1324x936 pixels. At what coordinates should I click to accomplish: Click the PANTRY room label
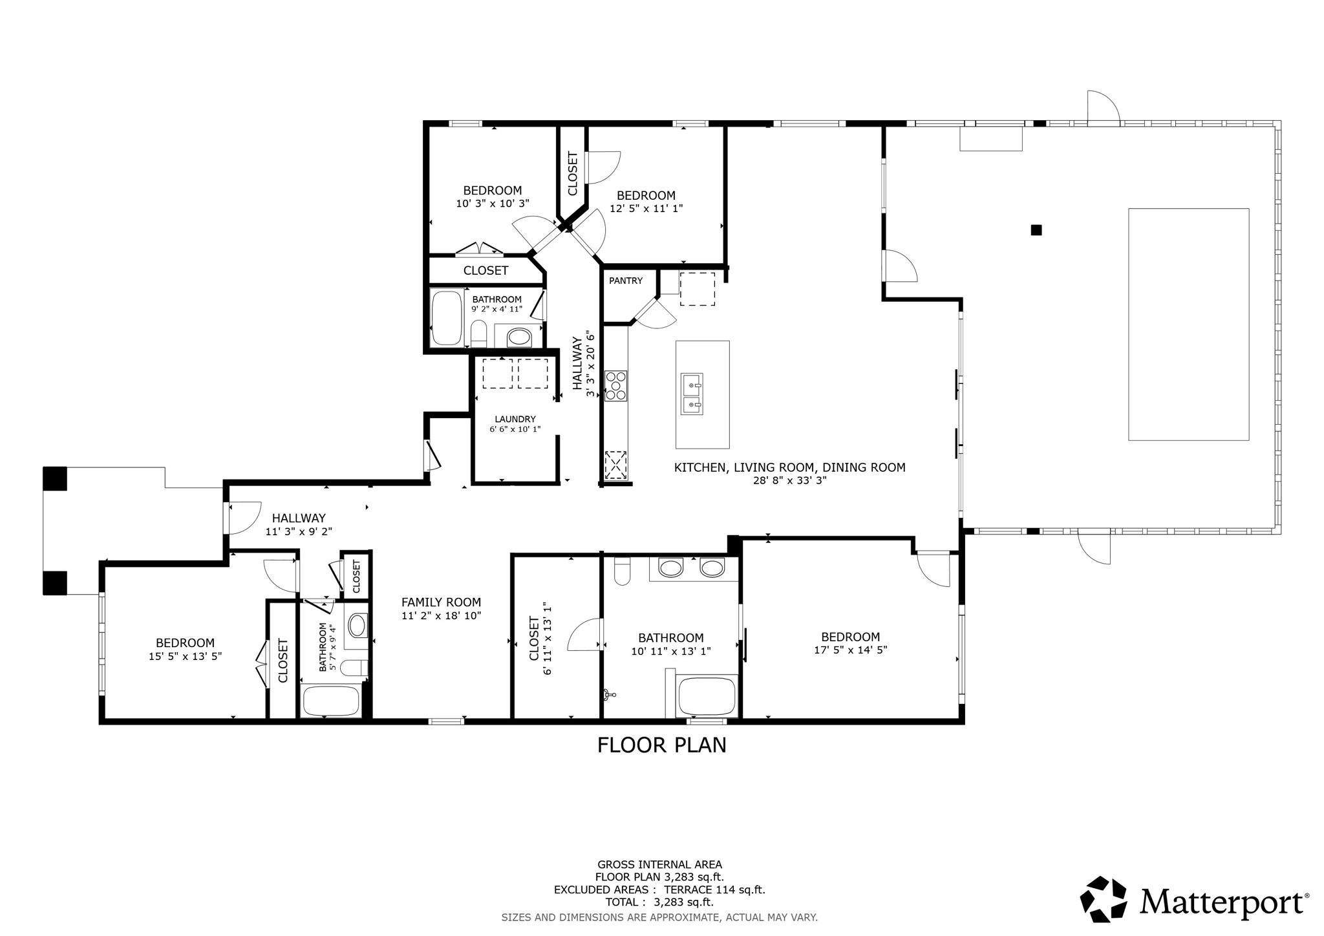625,281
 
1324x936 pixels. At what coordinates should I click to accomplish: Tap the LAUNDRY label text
515,419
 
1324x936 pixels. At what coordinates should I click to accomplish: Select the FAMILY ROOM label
441,602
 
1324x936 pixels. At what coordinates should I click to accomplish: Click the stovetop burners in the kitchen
615,385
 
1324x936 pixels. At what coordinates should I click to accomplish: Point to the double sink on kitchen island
692,394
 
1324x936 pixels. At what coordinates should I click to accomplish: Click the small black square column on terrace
1036,229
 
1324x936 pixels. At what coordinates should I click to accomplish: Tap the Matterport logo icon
1104,899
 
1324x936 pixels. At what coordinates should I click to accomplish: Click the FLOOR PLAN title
661,745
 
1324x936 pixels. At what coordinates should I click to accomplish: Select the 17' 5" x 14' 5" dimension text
850,650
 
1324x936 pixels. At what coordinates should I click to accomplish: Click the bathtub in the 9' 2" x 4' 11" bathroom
447,318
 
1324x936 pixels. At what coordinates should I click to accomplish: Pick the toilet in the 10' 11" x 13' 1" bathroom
622,571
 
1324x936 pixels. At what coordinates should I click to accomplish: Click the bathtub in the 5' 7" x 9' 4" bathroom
331,701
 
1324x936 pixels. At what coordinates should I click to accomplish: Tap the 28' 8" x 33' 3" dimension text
789,480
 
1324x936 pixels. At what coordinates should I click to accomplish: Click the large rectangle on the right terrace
1188,324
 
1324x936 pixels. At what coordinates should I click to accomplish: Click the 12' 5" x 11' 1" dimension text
646,208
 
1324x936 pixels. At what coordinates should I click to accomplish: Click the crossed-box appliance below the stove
615,464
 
